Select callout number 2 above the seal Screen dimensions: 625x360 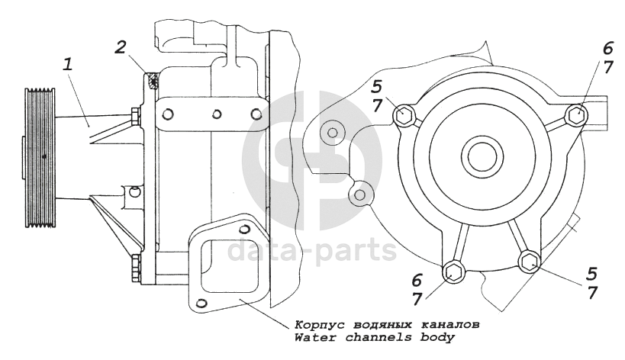pos(120,47)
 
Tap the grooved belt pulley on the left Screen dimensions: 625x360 pos(40,158)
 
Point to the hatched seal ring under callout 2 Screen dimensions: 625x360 pos(153,80)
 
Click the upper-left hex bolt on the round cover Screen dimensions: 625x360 pos(404,115)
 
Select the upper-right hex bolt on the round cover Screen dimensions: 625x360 pos(576,114)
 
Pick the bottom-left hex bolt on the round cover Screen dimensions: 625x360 pos(453,273)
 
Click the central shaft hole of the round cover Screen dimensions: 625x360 pos(482,156)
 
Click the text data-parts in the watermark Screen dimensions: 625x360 pos(312,250)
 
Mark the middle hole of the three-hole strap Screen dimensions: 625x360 pos(217,114)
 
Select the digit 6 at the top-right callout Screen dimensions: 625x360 pos(607,49)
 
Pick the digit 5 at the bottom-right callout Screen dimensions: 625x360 pos(592,274)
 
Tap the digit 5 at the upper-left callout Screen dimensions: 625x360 pos(378,87)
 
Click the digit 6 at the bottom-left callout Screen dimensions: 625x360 pos(416,281)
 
